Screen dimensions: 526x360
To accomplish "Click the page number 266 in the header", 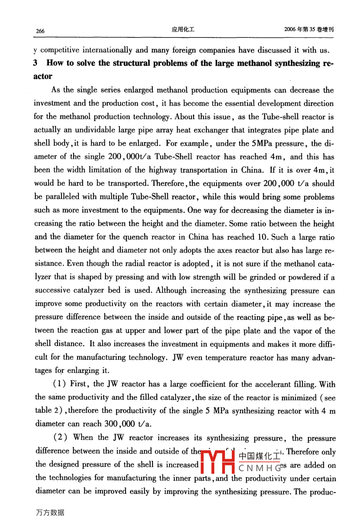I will (x=40, y=31).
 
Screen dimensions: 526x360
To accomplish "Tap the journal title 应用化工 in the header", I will (x=183, y=29).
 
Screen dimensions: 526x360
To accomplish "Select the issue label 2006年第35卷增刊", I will (x=309, y=29).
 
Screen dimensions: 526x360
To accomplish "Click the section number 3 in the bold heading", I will (x=36, y=63).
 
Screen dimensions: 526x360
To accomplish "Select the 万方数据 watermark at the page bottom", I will (x=50, y=513).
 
